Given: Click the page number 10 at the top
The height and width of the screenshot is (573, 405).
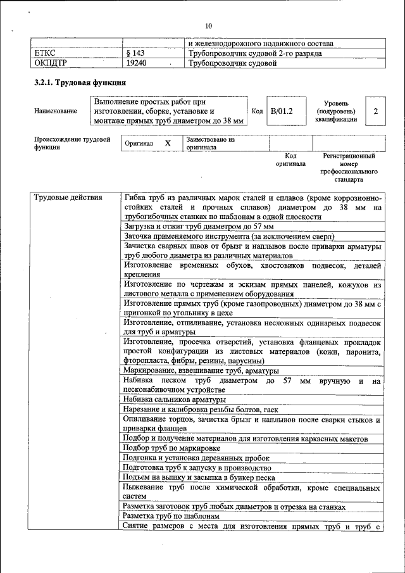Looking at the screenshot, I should click(209, 26).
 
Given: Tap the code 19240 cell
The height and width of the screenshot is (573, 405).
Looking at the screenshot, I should click(137, 63).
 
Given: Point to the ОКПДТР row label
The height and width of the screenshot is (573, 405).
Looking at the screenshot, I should click(49, 63).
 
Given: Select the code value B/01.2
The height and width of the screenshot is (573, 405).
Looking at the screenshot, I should click(282, 111).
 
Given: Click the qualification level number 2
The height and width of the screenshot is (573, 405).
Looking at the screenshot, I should click(376, 111).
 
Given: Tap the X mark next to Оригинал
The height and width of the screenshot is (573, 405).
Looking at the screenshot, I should click(168, 143).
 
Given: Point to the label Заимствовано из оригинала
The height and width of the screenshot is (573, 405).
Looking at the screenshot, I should click(210, 143).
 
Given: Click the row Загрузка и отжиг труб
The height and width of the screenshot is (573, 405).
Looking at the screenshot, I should click(199, 226).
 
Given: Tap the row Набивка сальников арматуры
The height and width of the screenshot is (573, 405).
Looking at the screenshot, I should click(175, 400).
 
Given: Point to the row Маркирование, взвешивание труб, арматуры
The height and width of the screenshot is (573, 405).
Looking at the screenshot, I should click(201, 370).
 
